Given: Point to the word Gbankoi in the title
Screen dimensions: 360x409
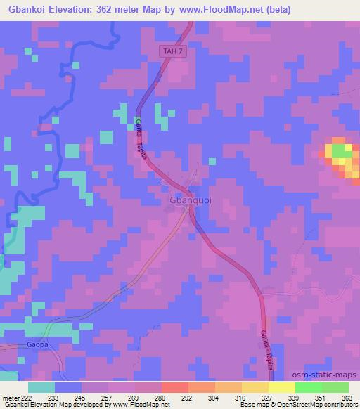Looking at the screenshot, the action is coord(26,10).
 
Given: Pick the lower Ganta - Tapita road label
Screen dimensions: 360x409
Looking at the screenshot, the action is coord(268,344).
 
